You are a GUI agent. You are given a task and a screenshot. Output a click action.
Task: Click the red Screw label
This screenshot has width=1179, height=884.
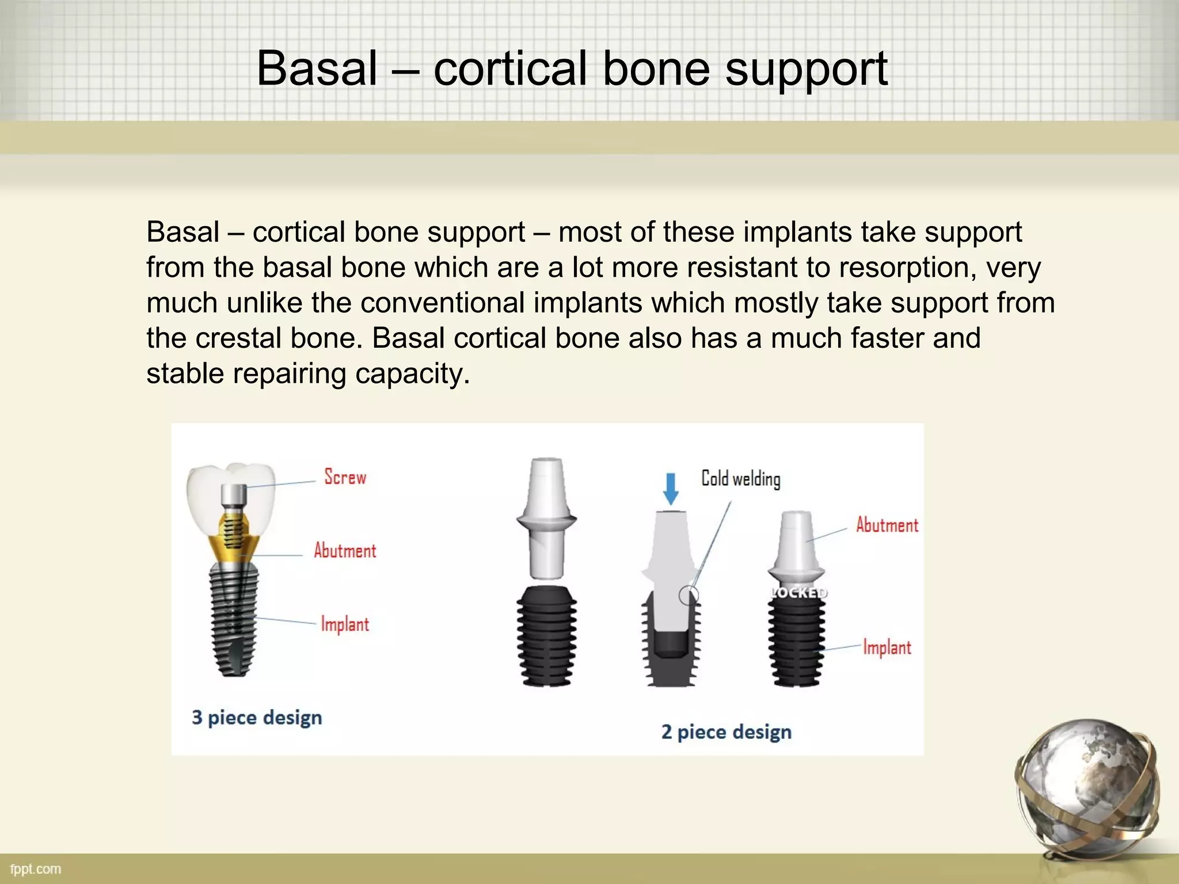345,477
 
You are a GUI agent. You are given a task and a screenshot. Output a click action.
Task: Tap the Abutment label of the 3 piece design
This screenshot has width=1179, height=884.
345,551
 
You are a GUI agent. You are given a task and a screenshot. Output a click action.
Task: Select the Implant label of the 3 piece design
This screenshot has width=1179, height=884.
345,624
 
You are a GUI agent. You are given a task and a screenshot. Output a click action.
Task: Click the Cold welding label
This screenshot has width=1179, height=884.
741,479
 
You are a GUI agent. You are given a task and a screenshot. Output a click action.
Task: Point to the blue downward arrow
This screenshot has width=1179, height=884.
671,489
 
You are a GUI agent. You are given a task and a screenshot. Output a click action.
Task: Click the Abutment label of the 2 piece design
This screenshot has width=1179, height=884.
887,525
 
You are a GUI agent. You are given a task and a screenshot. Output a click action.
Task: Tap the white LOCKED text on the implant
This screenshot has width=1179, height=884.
798,593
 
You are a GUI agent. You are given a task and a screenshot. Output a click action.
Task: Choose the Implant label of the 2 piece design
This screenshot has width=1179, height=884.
887,647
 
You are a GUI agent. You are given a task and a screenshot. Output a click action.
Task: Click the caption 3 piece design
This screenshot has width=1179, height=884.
257,718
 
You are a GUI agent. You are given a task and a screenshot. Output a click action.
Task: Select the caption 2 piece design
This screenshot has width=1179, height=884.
727,732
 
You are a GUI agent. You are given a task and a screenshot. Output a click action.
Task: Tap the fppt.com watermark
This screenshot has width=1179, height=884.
36,869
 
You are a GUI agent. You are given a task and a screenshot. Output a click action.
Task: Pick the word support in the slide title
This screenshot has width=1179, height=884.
806,69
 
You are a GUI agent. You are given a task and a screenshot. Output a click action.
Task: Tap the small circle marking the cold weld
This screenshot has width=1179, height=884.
689,595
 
